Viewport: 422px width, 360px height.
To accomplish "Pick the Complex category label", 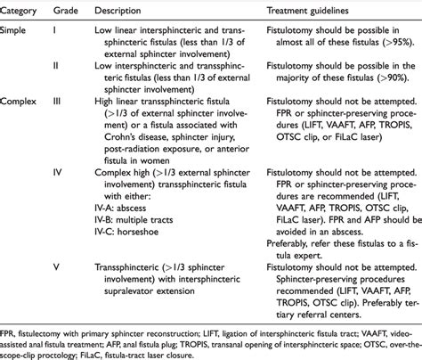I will pos(26,102).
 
